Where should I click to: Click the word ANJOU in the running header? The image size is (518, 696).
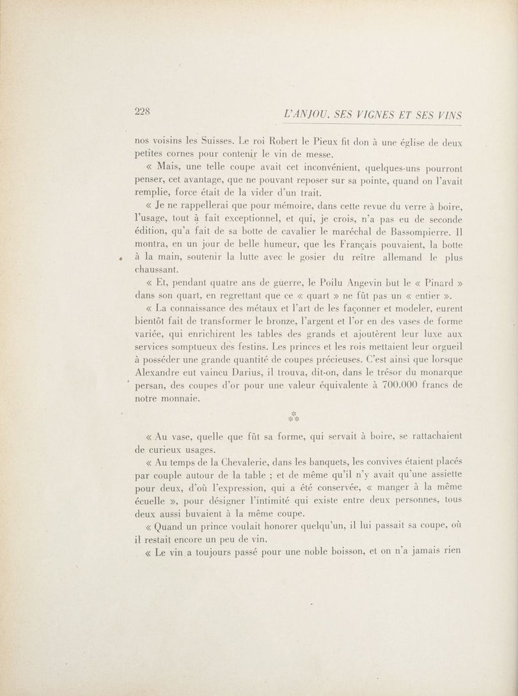[x=315, y=115]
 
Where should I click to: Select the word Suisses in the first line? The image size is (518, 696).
[x=214, y=141]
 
